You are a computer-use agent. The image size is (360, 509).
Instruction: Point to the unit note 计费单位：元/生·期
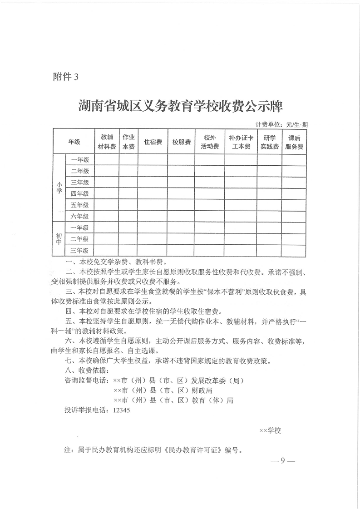pyautogui.click(x=282, y=124)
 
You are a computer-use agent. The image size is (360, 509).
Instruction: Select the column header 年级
pyautogui.click(x=74, y=142)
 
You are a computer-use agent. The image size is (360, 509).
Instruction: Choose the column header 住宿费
pyautogui.click(x=153, y=142)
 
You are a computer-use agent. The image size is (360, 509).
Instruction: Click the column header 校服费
pyautogui.click(x=181, y=142)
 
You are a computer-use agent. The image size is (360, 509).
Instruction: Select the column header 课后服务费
pyautogui.click(x=294, y=142)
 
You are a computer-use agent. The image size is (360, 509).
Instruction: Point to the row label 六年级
pyautogui.click(x=80, y=216)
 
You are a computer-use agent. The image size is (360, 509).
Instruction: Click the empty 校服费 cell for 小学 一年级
pyautogui.click(x=181, y=160)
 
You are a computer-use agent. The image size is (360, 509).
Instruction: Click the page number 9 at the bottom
pyautogui.click(x=282, y=461)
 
